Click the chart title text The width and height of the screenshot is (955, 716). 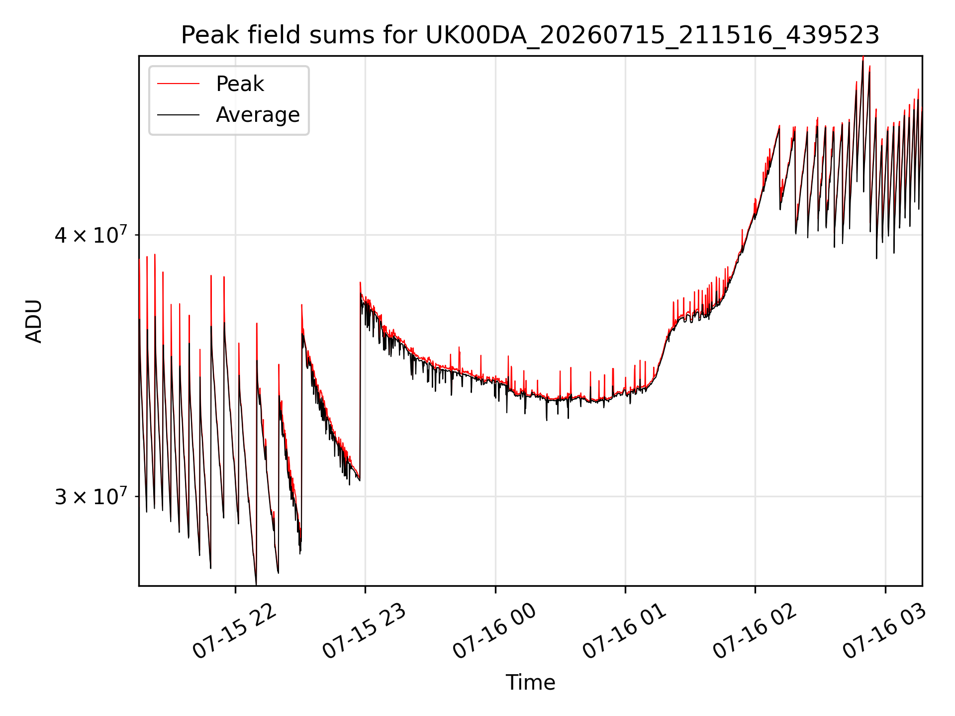coord(530,35)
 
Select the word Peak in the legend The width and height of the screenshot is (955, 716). coord(240,84)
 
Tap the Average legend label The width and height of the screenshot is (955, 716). coord(258,115)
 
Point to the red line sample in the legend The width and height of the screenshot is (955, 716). coord(178,84)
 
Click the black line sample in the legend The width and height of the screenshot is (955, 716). coord(178,115)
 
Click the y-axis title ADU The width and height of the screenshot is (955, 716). coord(34,321)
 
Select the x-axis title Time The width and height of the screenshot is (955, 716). coord(530,682)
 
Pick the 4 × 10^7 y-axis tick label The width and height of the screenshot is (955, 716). coord(91,234)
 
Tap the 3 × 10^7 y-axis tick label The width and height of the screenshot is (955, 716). coord(91,496)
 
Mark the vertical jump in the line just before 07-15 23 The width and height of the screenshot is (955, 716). coord(360,380)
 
